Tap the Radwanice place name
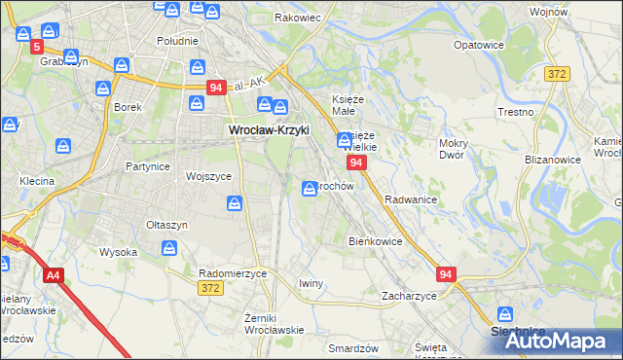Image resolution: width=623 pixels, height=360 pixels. tap(410, 199)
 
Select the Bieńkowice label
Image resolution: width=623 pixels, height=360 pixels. tap(375, 240)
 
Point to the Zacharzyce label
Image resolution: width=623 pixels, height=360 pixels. tap(409, 295)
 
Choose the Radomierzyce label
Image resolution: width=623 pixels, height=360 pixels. tap(233, 273)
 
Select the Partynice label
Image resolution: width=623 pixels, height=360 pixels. tap(148, 166)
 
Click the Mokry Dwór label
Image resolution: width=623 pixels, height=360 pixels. tap(454, 148)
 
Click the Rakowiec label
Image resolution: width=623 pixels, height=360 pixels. tap(298, 18)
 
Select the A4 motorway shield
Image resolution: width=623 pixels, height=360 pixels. tap(53, 276)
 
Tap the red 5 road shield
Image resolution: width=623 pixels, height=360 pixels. tap(37, 47)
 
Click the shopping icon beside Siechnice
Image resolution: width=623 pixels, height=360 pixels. tap(505, 314)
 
